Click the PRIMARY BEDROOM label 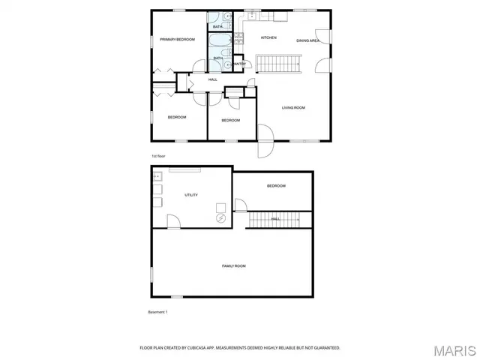[x=177, y=39]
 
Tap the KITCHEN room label [x=268, y=37]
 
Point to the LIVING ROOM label [x=293, y=108]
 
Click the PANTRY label [x=240, y=64]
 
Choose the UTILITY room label [x=191, y=195]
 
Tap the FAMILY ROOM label [x=233, y=266]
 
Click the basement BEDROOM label [x=276, y=185]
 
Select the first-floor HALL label [x=213, y=79]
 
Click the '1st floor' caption [x=157, y=156]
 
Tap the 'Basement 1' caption [x=157, y=311]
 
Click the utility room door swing [x=173, y=220]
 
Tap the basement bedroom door [x=240, y=205]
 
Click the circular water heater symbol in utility [x=221, y=217]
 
